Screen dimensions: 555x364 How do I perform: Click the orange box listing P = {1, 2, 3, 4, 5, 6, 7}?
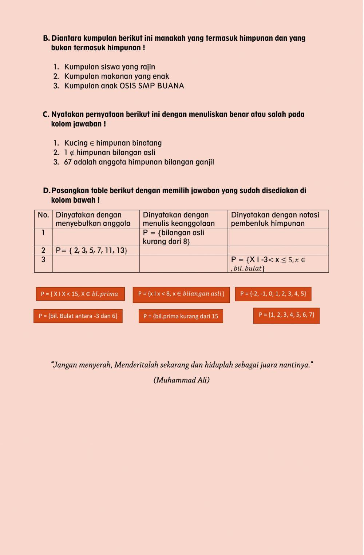286,315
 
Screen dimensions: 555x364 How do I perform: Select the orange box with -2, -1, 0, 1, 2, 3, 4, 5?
273,294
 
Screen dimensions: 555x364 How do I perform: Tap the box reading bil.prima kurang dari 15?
181,316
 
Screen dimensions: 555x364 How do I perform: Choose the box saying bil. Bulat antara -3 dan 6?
78,316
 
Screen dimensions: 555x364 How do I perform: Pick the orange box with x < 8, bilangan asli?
181,294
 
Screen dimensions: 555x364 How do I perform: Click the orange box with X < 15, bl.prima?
80,294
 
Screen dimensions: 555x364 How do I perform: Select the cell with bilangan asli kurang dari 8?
183,237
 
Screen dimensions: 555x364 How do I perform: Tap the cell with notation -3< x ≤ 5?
278,263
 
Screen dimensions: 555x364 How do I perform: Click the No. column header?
43,215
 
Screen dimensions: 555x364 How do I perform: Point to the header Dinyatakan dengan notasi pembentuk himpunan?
278,219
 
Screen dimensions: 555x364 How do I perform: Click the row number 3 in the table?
43,259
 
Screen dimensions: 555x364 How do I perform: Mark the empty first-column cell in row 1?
96,237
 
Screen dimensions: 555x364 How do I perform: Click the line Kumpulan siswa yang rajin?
110,67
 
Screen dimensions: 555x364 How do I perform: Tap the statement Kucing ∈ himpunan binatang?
113,143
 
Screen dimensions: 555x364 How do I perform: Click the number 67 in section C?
68,162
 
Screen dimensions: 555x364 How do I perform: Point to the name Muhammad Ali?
181,380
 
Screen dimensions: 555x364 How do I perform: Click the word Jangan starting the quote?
65,365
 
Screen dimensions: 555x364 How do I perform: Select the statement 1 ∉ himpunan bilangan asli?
110,152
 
